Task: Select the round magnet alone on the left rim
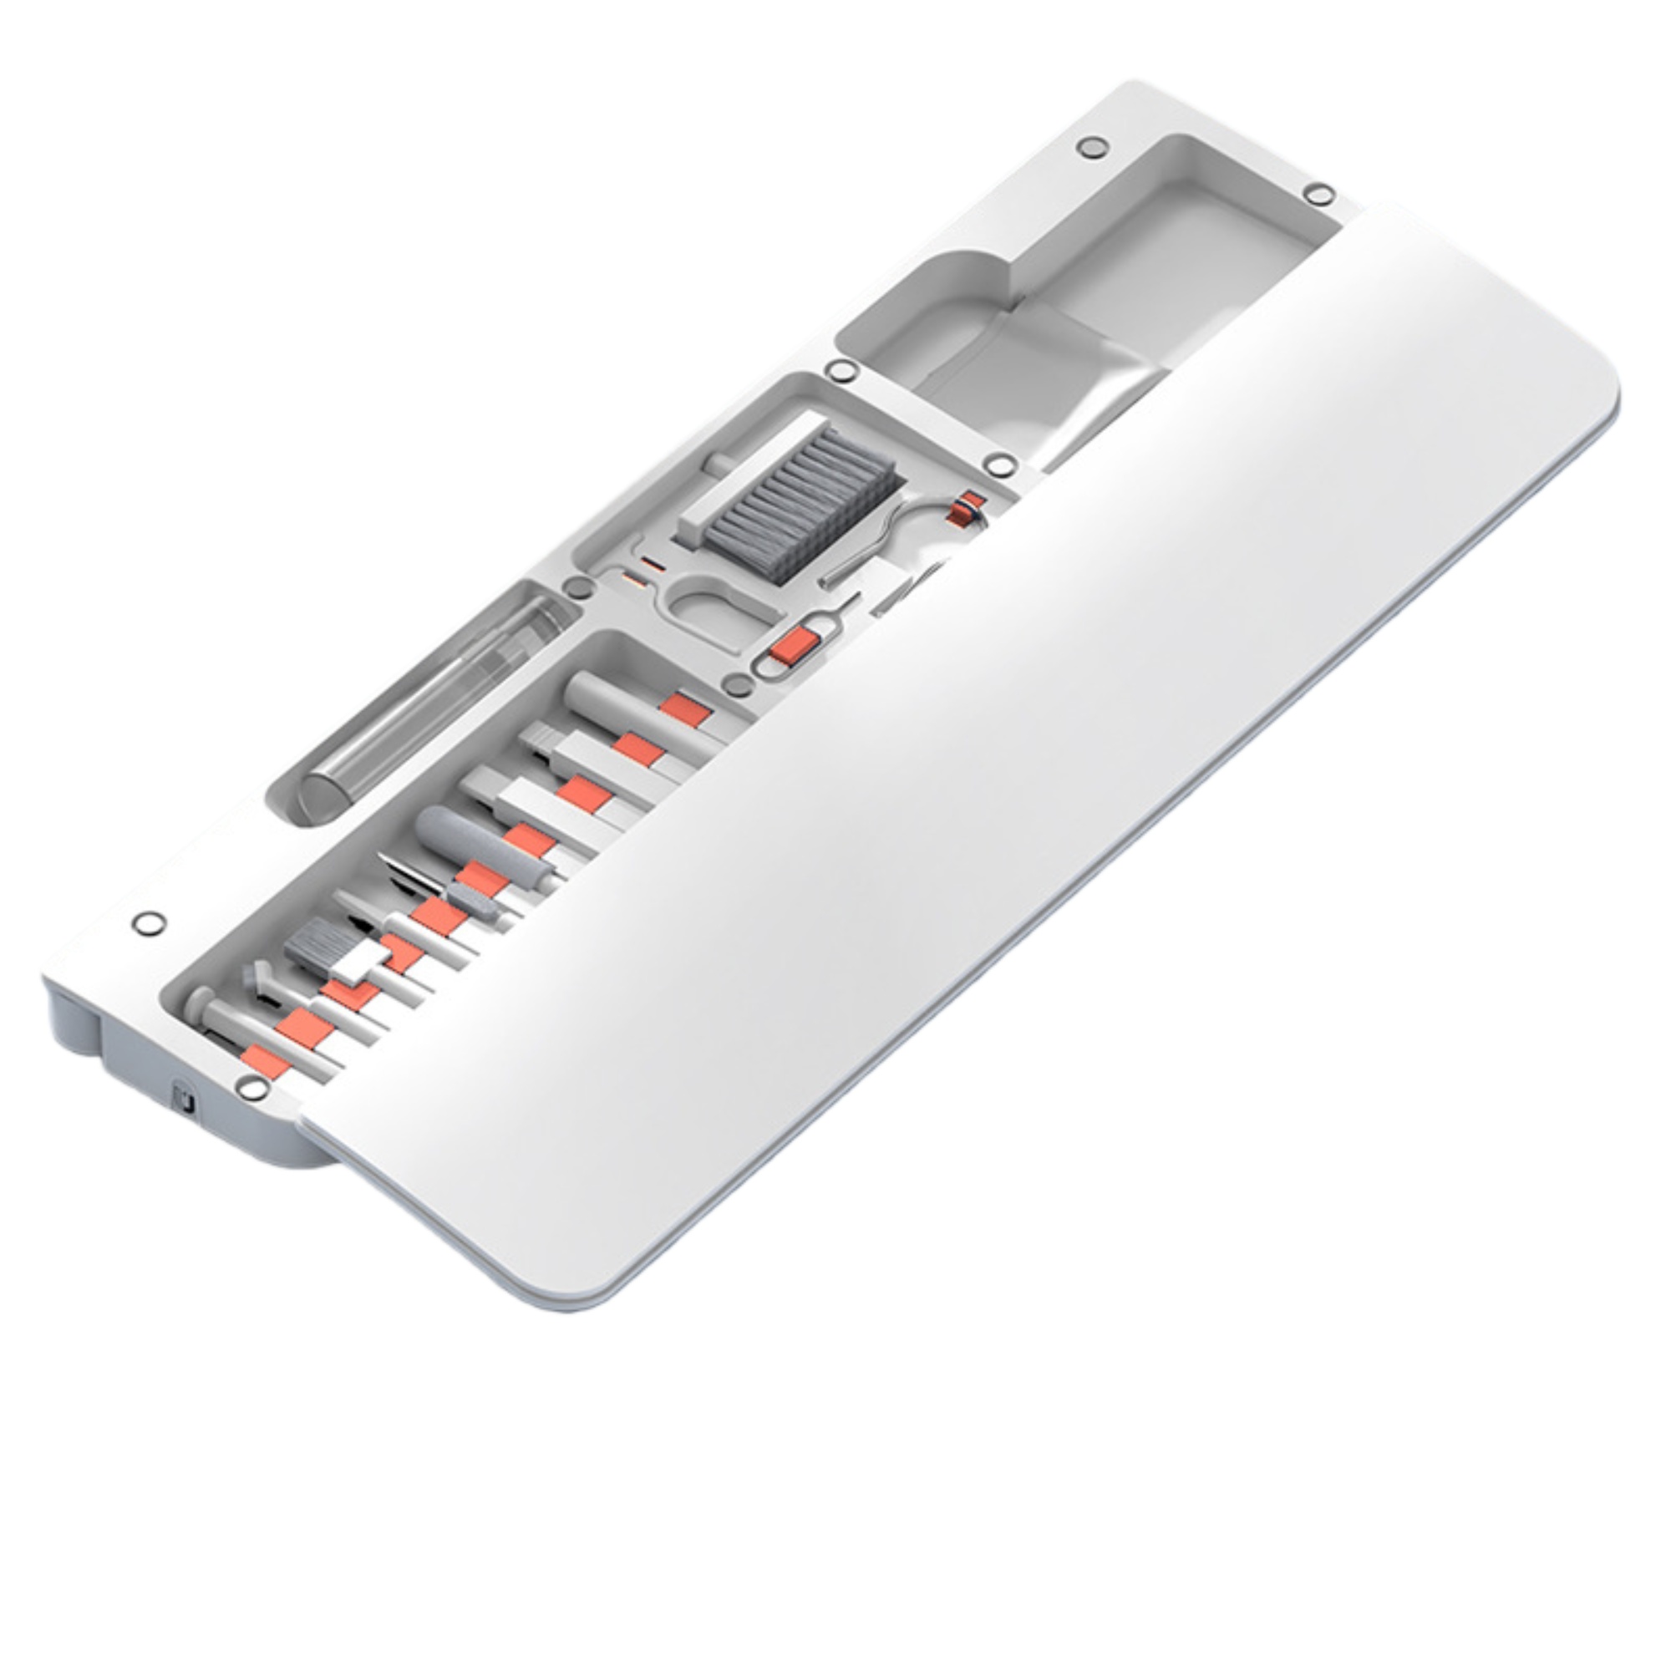pyautogui.click(x=149, y=923)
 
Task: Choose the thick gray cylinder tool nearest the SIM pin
pyautogui.click(x=606, y=692)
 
